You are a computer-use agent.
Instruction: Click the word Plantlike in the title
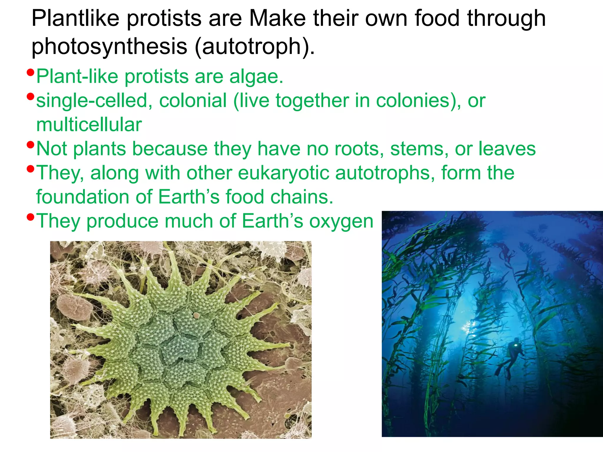point(75,18)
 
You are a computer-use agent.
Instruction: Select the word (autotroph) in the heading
point(254,46)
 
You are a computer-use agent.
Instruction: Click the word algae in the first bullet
point(256,77)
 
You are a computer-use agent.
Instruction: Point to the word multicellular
point(89,124)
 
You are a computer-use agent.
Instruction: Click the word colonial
point(193,101)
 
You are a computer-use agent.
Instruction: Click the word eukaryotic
point(284,173)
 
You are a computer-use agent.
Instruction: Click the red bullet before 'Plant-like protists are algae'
point(30,72)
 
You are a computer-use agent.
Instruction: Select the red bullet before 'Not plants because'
point(30,144)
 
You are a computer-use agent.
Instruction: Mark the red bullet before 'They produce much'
point(30,217)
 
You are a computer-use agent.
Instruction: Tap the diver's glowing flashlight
point(516,340)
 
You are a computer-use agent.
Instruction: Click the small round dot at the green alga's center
point(196,316)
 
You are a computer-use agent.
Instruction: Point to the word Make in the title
point(277,18)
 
